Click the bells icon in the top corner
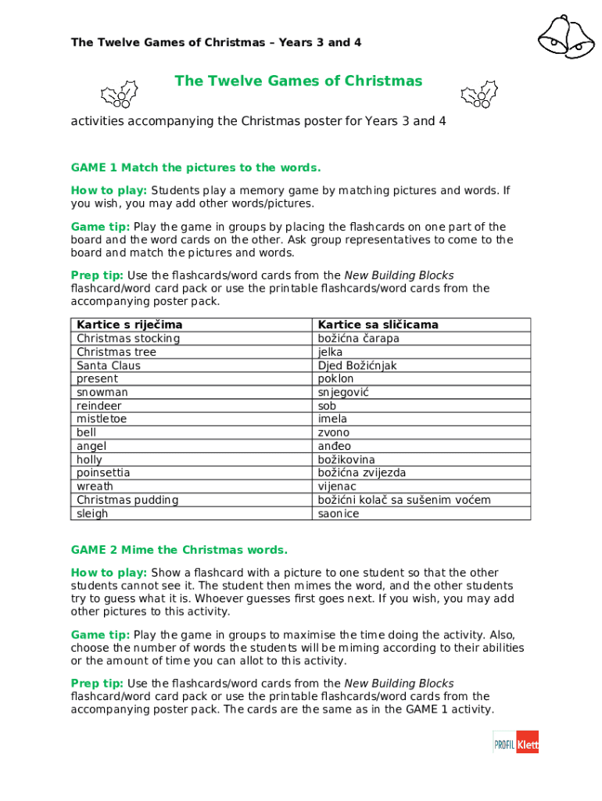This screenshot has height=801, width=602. point(565,36)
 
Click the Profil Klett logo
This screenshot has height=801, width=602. point(516,742)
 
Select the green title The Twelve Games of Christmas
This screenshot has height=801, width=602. point(298,81)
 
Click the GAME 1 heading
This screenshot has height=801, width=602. point(195,167)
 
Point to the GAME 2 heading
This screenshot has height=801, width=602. point(179,550)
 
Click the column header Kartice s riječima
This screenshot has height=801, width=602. point(129,325)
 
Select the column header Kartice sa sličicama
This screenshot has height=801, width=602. point(378,325)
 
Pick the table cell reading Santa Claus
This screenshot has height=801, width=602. point(109,365)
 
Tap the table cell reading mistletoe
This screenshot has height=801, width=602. point(102,418)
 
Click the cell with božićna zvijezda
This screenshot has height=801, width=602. point(361,472)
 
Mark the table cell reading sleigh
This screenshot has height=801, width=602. point(92,513)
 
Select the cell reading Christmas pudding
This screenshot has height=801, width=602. point(127,500)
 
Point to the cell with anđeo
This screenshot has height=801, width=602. point(334,446)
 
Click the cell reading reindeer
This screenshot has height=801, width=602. point(99,405)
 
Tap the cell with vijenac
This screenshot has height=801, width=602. point(337,487)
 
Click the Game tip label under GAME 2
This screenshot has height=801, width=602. point(100,635)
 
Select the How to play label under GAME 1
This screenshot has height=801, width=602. point(109,190)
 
